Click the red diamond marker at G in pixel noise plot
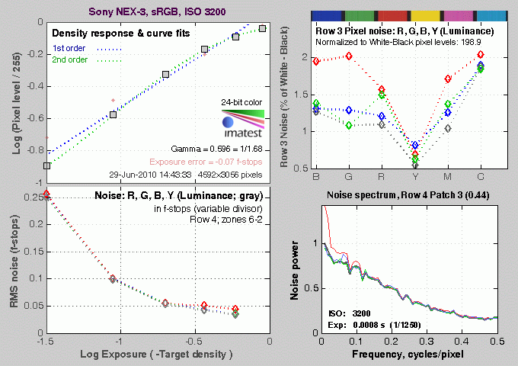click(x=349, y=56)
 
